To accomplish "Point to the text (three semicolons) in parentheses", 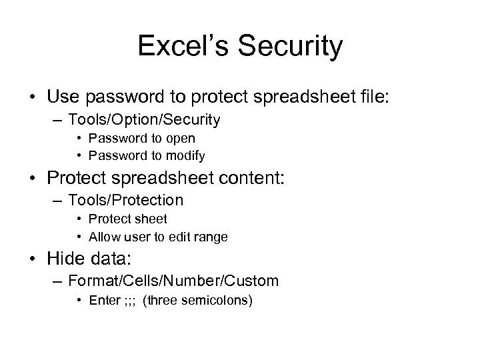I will tap(198, 300).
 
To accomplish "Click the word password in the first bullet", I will tap(113, 97).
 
